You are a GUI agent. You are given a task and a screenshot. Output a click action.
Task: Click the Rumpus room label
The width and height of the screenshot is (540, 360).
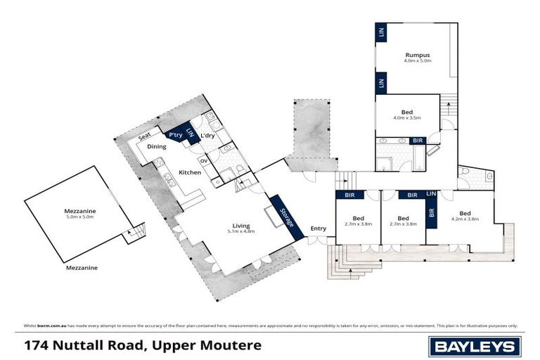[x=417, y=54]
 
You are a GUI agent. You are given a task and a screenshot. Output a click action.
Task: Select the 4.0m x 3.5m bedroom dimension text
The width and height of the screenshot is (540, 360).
[x=407, y=118]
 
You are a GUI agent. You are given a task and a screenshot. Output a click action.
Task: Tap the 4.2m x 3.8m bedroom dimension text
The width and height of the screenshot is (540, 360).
[x=465, y=219]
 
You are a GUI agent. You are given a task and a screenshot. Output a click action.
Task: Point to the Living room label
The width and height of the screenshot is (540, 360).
[x=239, y=224]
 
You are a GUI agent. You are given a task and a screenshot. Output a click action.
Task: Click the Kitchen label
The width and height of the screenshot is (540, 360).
[x=190, y=172]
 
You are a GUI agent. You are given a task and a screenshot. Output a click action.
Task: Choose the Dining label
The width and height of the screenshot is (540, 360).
[x=156, y=146]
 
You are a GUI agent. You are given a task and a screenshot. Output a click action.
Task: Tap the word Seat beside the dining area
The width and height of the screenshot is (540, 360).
[x=145, y=136]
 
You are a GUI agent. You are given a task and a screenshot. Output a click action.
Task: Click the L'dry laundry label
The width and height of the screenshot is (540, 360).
[x=207, y=135]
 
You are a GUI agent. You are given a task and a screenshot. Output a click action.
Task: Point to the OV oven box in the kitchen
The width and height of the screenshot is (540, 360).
[x=204, y=160]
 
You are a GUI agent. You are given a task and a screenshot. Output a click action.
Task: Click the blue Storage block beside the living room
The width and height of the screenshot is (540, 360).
[x=285, y=216]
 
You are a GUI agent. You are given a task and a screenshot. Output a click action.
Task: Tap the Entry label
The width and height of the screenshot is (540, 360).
[x=319, y=228]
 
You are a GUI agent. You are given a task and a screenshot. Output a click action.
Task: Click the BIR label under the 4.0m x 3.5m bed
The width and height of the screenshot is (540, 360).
[x=418, y=141]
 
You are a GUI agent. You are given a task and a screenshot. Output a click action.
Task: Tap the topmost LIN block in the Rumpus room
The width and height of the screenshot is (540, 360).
[x=380, y=32]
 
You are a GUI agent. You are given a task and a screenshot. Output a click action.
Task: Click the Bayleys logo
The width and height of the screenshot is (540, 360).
[x=475, y=346]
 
